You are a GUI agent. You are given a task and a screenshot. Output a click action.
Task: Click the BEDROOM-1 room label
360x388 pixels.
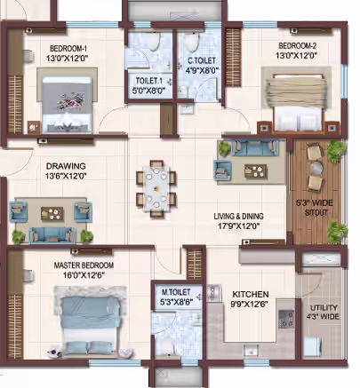point(68,48)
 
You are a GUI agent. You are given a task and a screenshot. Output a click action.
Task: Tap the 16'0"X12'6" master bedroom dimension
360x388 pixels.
point(84,275)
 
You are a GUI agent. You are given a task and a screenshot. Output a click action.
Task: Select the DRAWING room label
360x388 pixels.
point(66,166)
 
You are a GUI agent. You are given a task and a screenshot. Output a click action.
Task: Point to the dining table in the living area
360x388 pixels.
point(156,189)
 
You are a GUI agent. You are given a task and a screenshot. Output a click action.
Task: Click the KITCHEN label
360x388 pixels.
point(251,295)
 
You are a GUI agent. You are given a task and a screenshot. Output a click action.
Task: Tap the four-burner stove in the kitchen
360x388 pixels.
point(286,319)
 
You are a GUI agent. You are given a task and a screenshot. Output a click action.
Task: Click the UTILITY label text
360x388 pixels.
point(324,307)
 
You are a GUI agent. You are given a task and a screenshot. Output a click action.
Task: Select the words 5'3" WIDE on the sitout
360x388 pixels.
point(315,203)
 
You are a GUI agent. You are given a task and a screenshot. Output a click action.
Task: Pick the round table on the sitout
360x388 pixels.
point(316,168)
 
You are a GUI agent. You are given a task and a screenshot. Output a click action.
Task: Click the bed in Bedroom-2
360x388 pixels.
point(296,102)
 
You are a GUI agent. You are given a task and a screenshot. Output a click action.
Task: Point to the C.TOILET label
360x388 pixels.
point(202,61)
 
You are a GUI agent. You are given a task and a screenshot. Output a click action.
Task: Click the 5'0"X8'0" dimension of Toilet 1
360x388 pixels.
point(148,91)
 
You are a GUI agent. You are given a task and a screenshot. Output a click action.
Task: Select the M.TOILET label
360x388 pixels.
point(176,292)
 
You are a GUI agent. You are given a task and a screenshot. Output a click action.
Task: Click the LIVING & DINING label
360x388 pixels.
point(238,217)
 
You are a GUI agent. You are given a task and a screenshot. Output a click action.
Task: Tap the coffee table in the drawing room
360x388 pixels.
point(52,214)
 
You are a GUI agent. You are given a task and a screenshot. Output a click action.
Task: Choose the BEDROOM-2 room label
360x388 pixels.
point(298,46)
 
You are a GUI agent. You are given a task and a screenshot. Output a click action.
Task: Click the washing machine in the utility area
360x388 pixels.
point(312,348)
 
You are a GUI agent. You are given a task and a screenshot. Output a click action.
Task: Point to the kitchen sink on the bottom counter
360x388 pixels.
point(251,351)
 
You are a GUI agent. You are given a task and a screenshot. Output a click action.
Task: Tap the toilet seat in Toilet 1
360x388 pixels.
point(153,41)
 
